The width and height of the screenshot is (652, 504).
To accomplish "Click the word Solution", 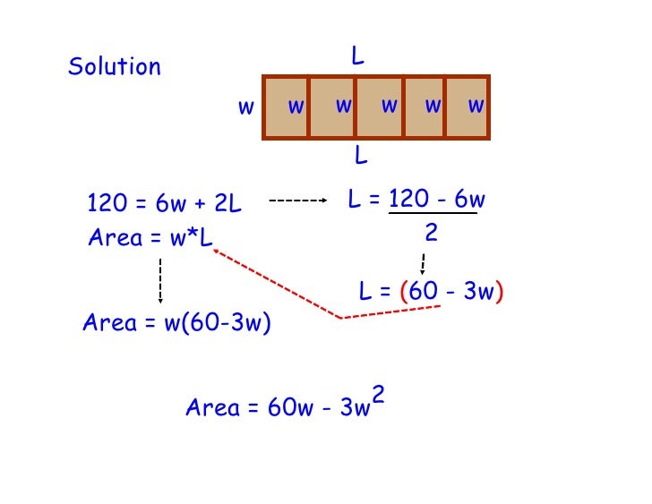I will (x=115, y=67).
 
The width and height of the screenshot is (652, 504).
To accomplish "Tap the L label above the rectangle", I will (x=357, y=57).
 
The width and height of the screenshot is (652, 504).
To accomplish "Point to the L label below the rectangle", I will (x=360, y=157).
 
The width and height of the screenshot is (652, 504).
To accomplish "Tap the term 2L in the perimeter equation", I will (x=229, y=204).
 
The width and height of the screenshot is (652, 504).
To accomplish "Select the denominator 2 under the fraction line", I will (x=431, y=234).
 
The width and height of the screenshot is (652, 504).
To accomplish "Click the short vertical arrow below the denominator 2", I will (x=422, y=264).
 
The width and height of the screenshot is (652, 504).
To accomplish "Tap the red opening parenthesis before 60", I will (x=404, y=292).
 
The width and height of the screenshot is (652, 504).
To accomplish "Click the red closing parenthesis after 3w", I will (x=499, y=292).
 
